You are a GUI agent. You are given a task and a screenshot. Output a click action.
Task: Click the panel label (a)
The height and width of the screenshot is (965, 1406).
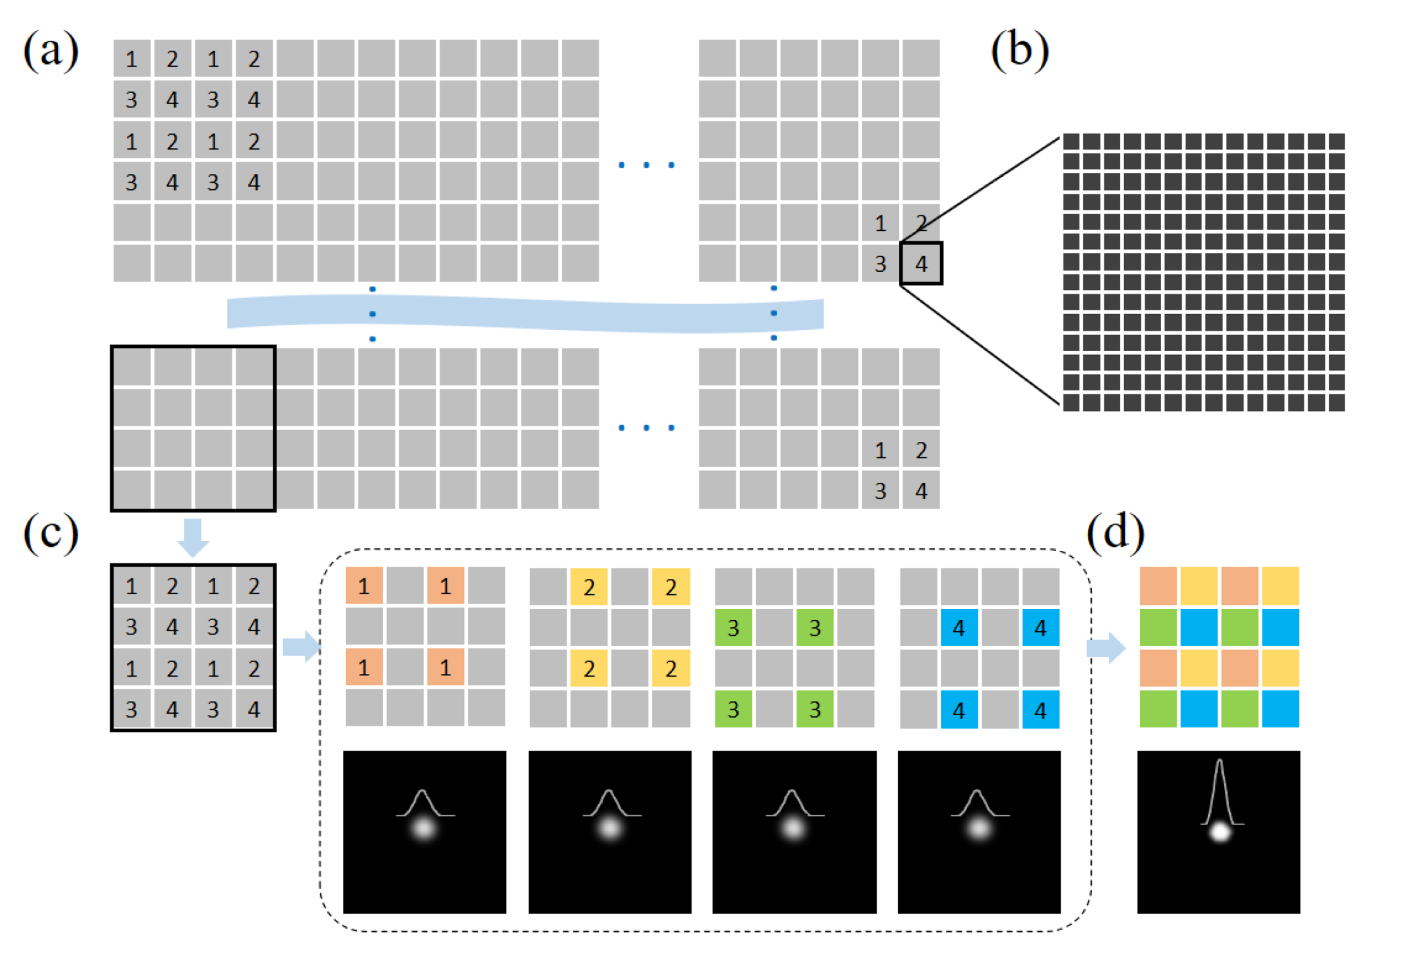point(51,51)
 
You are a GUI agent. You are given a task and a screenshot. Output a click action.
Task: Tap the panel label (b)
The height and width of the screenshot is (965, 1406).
point(1019,51)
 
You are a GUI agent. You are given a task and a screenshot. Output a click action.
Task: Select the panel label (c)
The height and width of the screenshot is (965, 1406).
point(51,533)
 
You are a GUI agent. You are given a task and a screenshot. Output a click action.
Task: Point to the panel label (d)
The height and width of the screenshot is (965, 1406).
point(1115,533)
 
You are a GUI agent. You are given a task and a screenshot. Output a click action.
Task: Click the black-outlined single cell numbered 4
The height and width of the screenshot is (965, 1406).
point(921,264)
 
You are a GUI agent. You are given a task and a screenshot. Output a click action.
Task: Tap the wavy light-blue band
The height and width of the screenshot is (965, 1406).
point(525,314)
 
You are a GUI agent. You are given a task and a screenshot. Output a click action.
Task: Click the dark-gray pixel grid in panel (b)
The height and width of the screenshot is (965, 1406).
point(1203,272)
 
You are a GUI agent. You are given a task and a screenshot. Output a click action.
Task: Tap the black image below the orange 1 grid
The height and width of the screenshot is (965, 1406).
point(424,832)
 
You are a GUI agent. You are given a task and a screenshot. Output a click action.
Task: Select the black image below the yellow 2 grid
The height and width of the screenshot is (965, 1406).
point(609,832)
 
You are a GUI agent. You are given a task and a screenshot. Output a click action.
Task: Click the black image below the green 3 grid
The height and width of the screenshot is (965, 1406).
point(794,832)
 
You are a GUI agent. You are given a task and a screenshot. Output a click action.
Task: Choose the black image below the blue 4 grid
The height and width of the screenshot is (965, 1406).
point(979,832)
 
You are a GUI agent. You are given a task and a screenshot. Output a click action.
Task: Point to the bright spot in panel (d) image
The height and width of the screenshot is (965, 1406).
point(1220,832)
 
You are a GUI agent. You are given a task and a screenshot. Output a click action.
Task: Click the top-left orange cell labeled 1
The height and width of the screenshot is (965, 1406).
point(364,586)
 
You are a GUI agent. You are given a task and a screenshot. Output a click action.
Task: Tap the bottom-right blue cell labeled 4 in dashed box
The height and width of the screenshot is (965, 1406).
point(1040,710)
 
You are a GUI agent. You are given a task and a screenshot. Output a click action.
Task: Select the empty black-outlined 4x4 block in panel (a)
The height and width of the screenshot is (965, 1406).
point(193,428)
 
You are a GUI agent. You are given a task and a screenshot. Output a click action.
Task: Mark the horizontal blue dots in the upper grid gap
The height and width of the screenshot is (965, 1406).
point(646,164)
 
